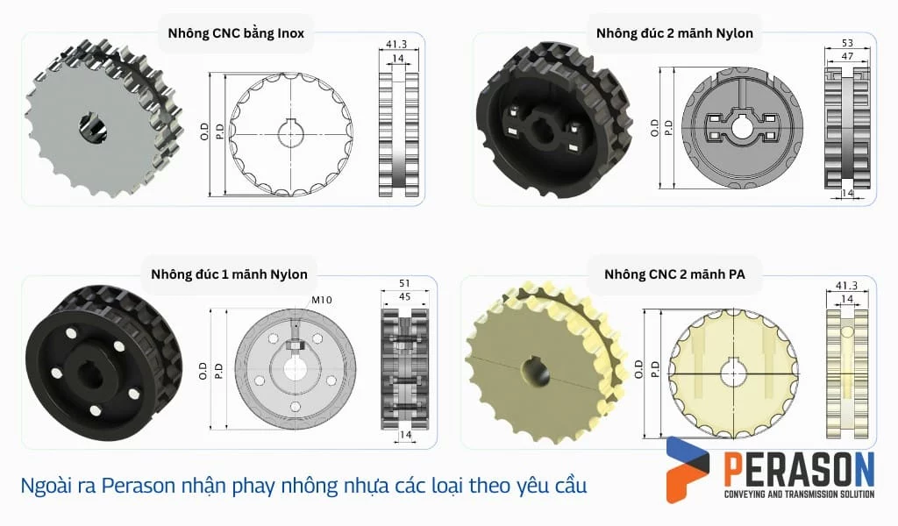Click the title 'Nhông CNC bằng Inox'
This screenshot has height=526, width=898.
[236, 33]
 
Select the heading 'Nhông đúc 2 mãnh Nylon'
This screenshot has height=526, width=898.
[674, 33]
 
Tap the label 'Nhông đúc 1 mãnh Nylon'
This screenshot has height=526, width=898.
[229, 274]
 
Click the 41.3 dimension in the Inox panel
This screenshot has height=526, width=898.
[397, 43]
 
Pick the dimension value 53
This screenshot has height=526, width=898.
[845, 42]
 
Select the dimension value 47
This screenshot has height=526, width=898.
[845, 55]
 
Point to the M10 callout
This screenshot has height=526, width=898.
[321, 301]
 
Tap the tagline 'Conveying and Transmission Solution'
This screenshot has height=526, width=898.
[799, 494]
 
